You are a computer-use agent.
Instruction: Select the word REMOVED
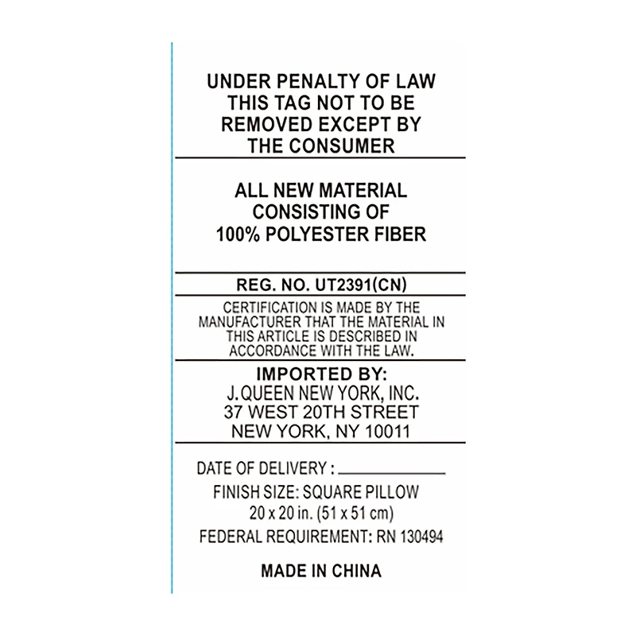click(261, 124)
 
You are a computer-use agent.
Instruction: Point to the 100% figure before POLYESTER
click(238, 234)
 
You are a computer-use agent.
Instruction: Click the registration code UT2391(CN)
click(361, 285)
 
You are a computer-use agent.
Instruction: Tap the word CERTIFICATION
click(270, 308)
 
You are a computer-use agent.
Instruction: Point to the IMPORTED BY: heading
click(322, 374)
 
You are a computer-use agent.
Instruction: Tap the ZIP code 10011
click(388, 431)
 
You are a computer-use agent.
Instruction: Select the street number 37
click(233, 412)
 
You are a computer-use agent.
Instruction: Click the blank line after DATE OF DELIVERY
click(392, 473)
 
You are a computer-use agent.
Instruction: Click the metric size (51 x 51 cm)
click(355, 514)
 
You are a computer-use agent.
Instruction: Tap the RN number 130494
click(421, 537)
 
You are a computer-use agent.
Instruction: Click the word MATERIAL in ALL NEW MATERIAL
click(363, 190)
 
